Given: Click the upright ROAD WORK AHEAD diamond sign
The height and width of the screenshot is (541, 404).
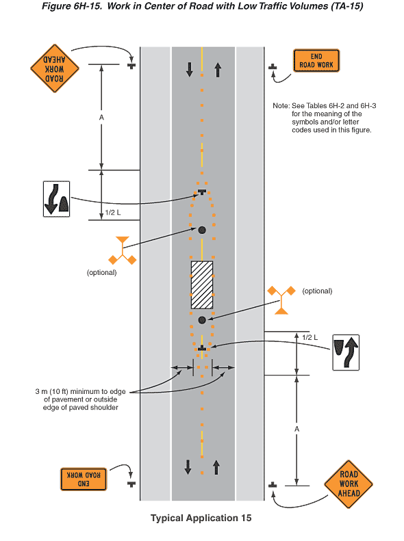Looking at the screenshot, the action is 349,484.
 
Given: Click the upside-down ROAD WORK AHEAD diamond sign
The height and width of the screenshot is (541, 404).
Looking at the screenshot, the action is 55,68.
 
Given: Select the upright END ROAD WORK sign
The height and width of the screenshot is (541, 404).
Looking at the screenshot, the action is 316,61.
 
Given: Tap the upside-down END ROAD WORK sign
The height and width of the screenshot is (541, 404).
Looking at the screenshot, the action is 84,479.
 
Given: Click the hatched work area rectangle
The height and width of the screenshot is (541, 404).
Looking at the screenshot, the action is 202,285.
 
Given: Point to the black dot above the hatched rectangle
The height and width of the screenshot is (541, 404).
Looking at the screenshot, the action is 202,230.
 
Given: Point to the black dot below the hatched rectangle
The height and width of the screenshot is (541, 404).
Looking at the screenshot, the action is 202,320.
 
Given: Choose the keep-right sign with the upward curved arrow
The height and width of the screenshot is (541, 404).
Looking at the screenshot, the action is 346,352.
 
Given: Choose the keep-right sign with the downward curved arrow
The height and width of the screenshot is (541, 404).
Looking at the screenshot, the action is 56,199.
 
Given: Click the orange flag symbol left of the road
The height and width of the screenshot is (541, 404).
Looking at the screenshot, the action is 123,251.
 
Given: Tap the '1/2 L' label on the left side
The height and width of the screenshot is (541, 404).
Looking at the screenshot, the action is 113,213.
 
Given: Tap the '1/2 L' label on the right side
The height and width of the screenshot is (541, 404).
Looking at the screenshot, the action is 310,337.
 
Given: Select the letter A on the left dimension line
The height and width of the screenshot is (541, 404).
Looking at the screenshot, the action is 101,118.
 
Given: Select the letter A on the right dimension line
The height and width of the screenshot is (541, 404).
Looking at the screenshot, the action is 296,430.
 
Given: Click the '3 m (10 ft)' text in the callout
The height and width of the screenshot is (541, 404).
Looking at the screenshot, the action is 52,392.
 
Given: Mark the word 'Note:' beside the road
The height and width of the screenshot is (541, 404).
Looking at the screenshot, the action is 281,105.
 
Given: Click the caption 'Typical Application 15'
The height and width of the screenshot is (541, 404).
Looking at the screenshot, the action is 201,518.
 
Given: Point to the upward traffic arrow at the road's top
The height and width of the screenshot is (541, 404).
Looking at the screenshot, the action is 218,70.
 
